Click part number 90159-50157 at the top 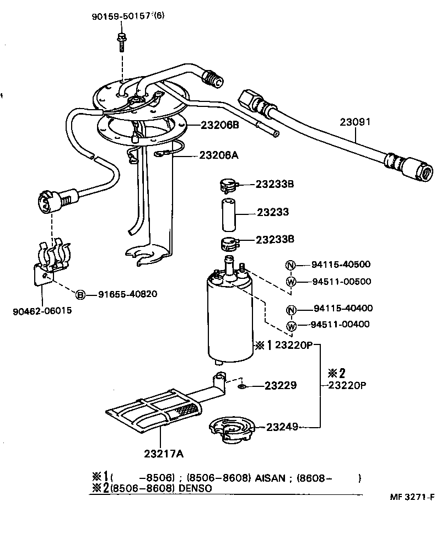[x=122, y=16]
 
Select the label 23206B [x=219, y=125]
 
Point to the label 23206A [x=219, y=155]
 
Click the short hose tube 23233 [x=228, y=212]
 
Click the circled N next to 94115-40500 [x=291, y=265]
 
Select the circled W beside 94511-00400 [x=291, y=325]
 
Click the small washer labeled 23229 [x=241, y=387]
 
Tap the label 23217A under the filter [x=164, y=454]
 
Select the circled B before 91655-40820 [x=80, y=294]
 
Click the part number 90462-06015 [x=42, y=311]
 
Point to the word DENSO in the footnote [x=196, y=488]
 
